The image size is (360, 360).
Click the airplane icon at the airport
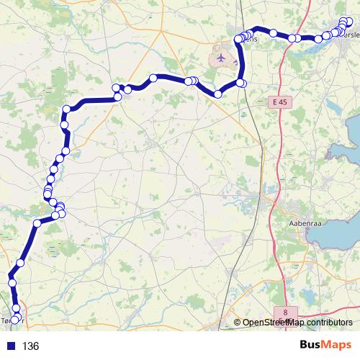pyautogui.click(x=220, y=55)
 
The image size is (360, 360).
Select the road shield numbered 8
pyautogui.click(x=287, y=312)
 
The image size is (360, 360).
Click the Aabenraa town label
pyautogui.click(x=304, y=224)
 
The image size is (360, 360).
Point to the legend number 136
pyautogui.click(x=30, y=346)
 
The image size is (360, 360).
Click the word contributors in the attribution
pyautogui.click(x=328, y=323)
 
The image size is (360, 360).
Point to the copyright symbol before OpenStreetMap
pyautogui.click(x=238, y=323)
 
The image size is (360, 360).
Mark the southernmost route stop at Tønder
pyautogui.click(x=14, y=320)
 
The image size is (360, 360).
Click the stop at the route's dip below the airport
pyautogui.click(x=217, y=94)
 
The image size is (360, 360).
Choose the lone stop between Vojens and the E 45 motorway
pyautogui.click(x=274, y=32)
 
